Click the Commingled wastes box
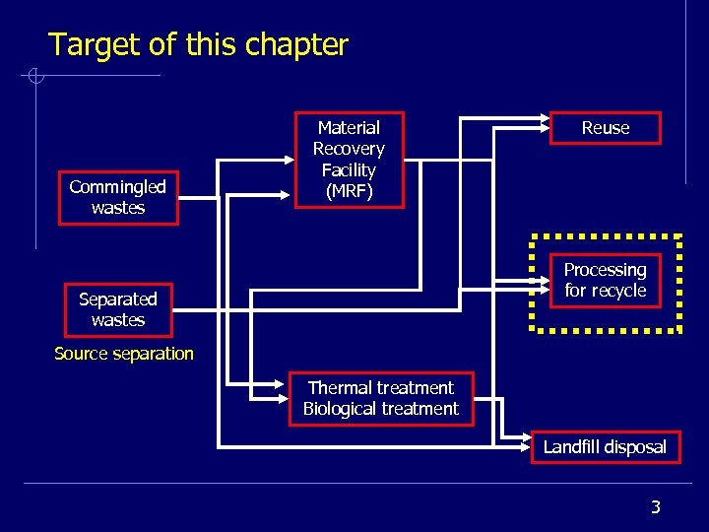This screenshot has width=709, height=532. (x=118, y=197)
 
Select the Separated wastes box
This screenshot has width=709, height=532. (x=118, y=309)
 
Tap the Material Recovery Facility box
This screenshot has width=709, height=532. (x=349, y=160)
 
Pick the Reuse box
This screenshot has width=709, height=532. (x=605, y=128)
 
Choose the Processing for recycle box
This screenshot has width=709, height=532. (x=605, y=281)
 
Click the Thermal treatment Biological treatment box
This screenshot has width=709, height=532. (x=381, y=399)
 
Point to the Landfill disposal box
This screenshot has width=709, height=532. (x=605, y=447)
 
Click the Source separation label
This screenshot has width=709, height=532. (x=124, y=354)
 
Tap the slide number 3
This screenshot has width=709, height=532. (x=656, y=507)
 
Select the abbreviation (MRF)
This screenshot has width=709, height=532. (x=349, y=191)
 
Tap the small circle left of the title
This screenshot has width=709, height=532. (x=33, y=76)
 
